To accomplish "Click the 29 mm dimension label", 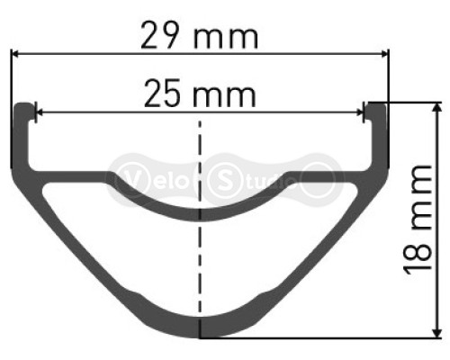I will [200, 37].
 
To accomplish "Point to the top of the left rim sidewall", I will [22, 106].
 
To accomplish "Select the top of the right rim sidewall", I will [377, 106].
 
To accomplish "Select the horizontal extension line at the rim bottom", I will [324, 338].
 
